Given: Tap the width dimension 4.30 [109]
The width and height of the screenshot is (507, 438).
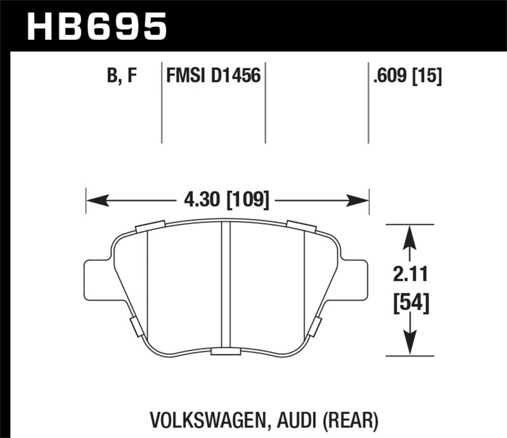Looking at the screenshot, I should (227, 201).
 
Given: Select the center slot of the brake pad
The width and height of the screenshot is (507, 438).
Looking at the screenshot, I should (225, 285).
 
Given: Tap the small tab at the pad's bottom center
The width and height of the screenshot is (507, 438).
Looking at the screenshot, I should (225, 352).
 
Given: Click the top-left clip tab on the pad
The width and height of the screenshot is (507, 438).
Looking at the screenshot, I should (150, 226).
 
